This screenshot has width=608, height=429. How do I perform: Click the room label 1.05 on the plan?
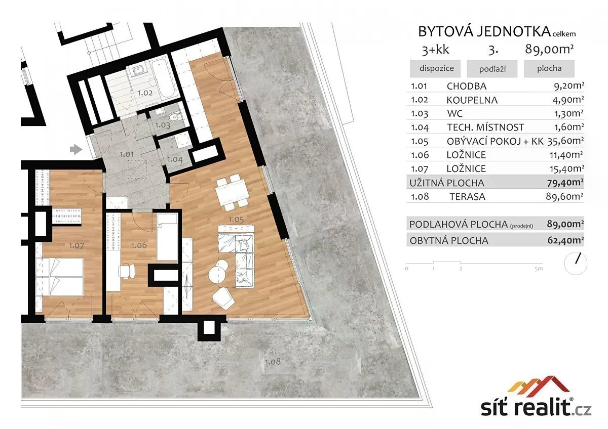[x=236, y=219]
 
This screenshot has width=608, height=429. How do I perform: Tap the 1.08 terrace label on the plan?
[x=273, y=362]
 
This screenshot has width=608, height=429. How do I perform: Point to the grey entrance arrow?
[x=77, y=149]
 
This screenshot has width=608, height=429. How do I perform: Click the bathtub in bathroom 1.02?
[x=162, y=80]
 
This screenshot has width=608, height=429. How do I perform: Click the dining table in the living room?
[x=232, y=193]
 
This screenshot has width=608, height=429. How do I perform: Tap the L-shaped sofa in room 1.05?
[x=237, y=255]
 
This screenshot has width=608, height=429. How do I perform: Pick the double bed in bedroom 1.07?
[x=59, y=277]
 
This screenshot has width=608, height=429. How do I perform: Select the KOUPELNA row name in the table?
[x=472, y=100]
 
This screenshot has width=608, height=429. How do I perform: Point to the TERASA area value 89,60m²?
[x=564, y=196]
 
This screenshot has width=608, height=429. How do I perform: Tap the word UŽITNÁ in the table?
[x=427, y=183]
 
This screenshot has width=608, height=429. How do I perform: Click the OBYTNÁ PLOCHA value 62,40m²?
[x=565, y=240]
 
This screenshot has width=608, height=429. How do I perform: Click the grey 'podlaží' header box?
[x=492, y=69]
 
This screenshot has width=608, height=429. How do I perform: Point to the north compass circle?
[x=576, y=264]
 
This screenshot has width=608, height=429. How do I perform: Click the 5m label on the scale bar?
[x=539, y=269]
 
